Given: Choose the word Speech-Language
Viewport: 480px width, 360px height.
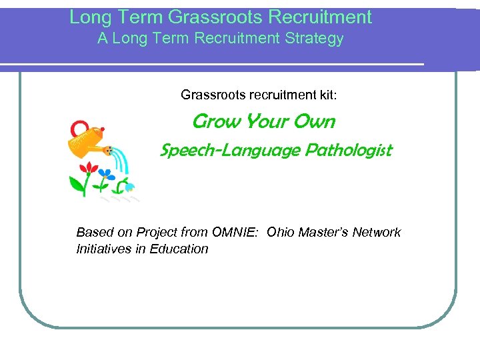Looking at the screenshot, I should pos(231,151).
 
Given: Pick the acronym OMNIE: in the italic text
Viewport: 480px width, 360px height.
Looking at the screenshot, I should pos(236,233).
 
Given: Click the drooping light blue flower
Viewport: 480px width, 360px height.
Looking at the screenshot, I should pos(129,186).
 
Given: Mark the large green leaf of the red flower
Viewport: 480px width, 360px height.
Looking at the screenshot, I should pos(75,183).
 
